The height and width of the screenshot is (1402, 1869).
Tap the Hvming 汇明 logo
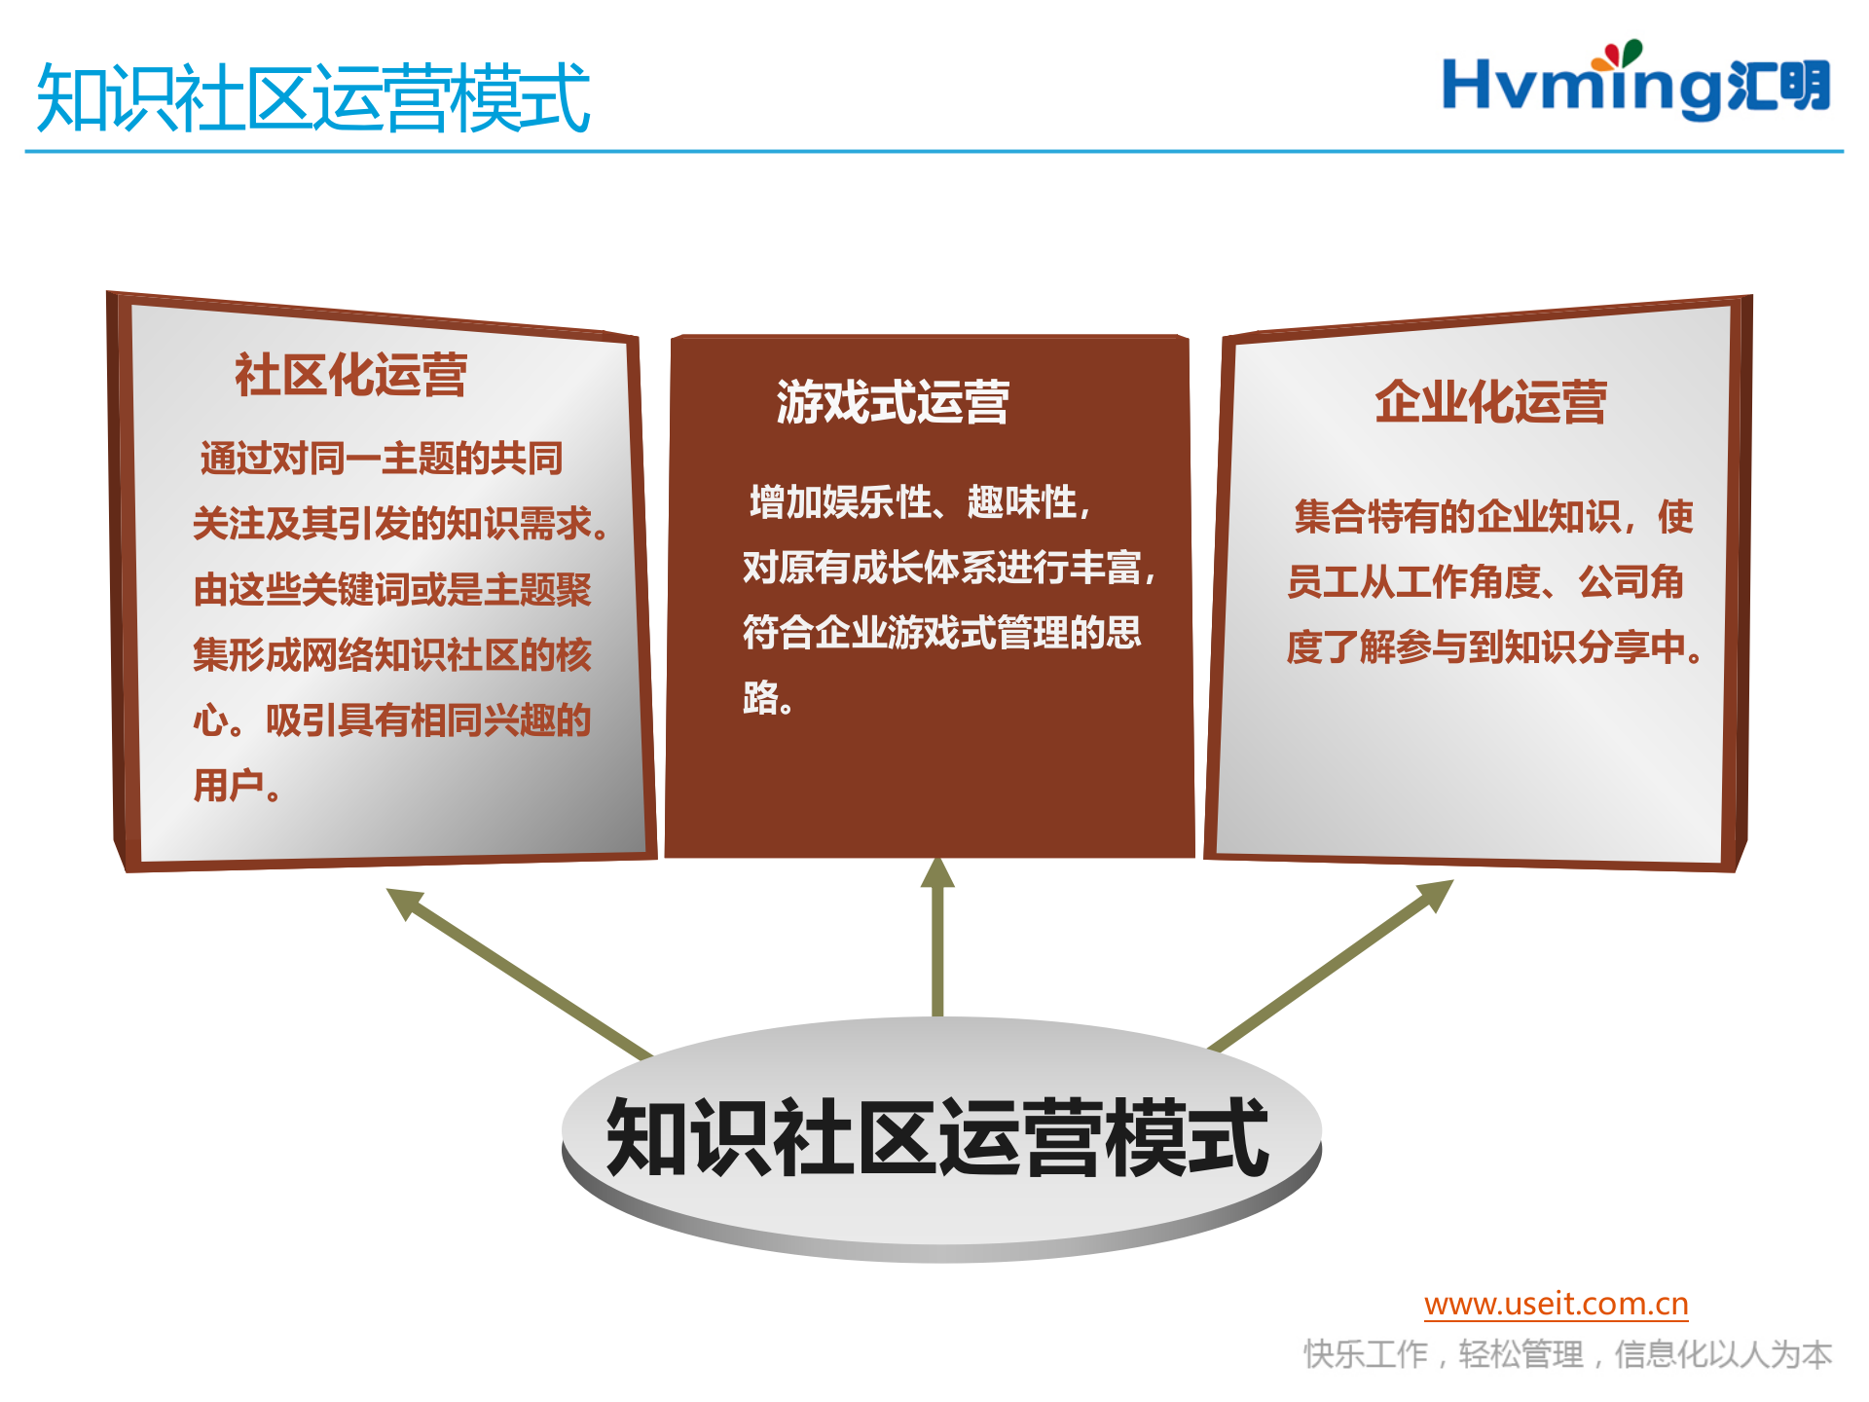point(1635,87)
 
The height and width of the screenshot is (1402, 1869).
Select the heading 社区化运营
point(350,376)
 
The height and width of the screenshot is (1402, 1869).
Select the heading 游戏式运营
point(893,403)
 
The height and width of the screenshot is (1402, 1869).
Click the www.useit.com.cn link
point(1556,1304)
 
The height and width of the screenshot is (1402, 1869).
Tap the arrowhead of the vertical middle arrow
point(937,873)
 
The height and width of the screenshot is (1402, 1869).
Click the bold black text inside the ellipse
point(937,1137)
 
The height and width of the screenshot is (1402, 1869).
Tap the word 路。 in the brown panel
point(768,698)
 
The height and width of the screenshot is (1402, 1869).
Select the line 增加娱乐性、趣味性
point(919,503)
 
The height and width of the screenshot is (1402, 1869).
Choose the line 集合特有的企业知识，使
point(1493,517)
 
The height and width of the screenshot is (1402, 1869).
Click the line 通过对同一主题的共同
point(382,459)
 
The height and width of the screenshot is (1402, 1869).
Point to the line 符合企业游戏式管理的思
point(941,633)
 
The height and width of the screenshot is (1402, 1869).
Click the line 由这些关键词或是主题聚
point(392,590)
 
